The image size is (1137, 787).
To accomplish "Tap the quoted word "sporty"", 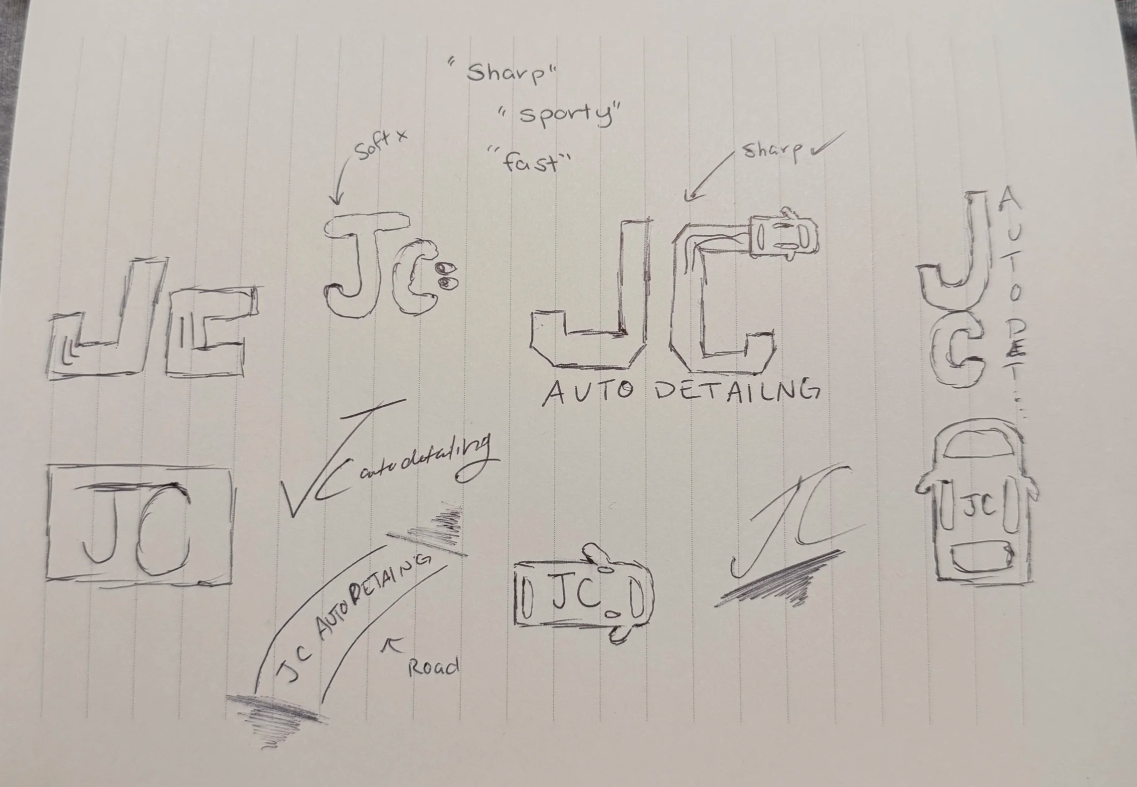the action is (x=561, y=115).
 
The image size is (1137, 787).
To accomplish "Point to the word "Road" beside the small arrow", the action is (x=433, y=667).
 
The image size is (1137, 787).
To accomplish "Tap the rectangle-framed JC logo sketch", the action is (x=140, y=523).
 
